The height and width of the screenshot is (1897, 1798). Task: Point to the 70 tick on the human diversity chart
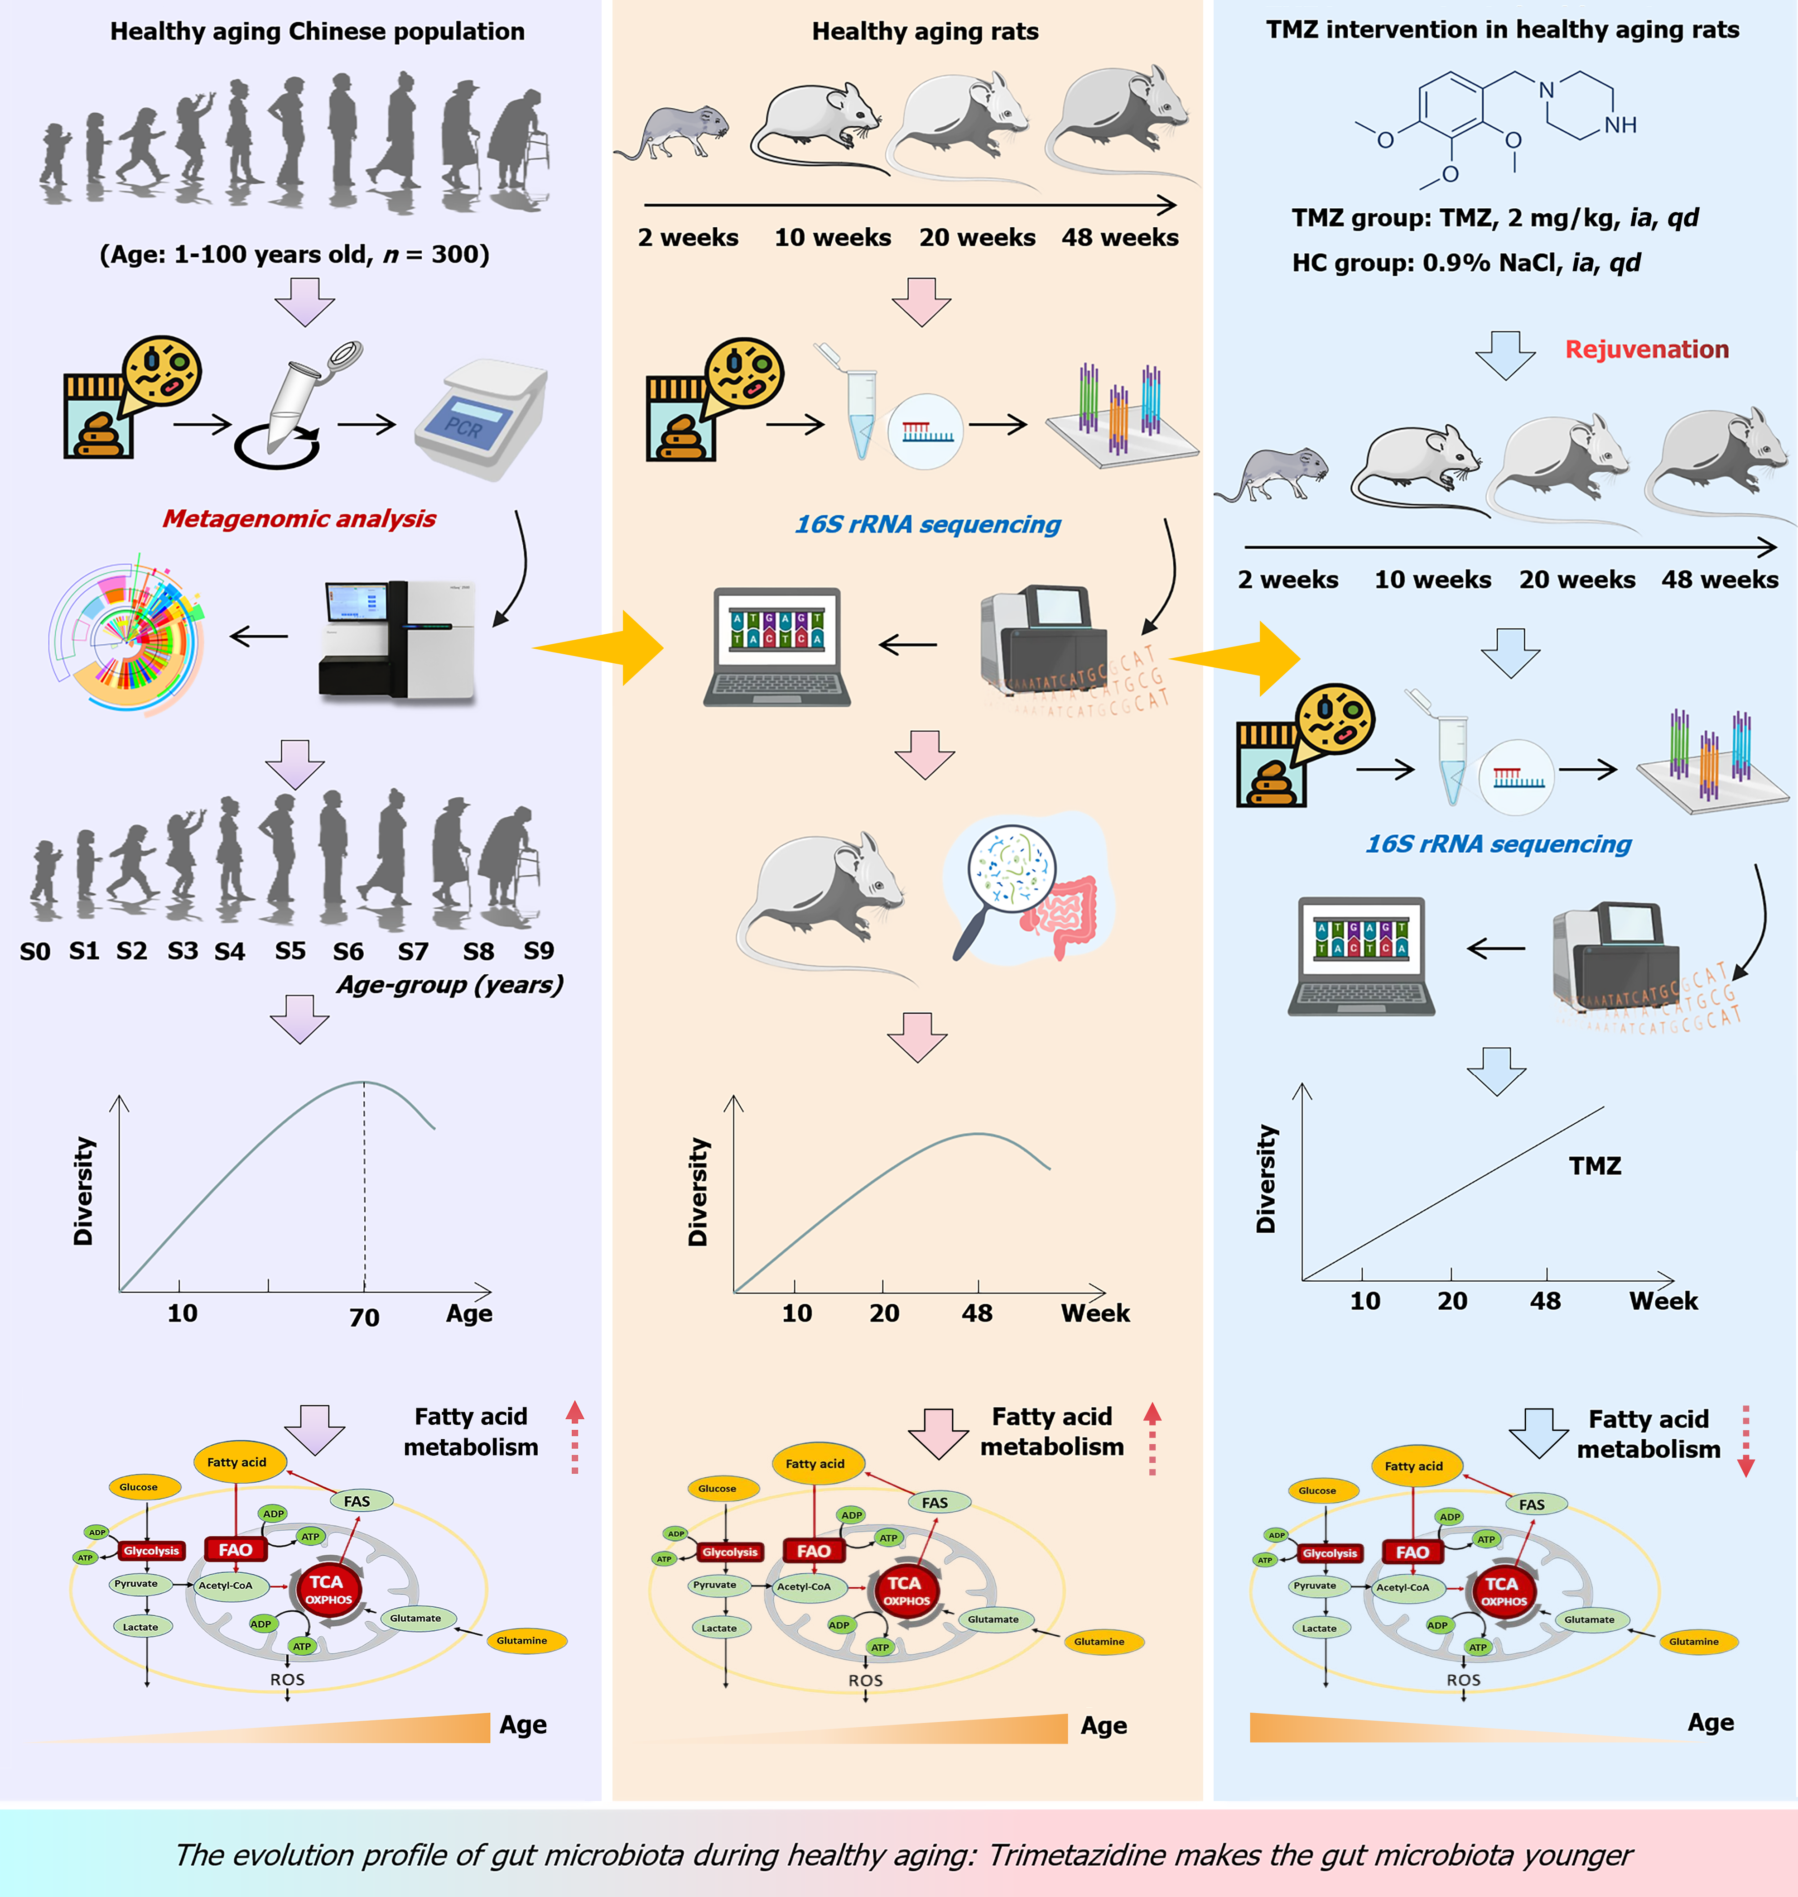tap(364, 1317)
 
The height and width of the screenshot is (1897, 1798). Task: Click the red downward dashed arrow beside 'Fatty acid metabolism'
tap(1745, 1440)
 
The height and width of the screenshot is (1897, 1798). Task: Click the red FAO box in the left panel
tap(235, 1549)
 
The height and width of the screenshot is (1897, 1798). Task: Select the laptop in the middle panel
tap(777, 647)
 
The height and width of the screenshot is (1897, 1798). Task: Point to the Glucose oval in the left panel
tap(139, 1487)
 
